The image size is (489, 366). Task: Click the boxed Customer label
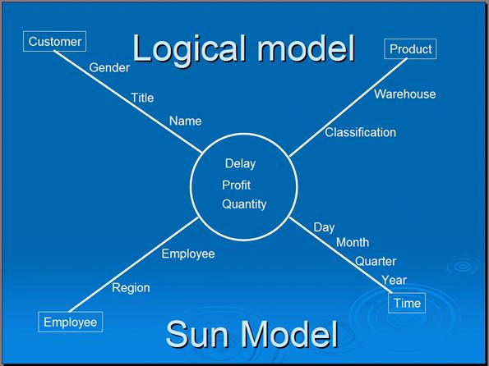coord(54,41)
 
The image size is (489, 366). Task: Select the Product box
coord(410,49)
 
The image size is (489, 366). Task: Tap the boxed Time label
coord(407,303)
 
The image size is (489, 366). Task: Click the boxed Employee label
coord(70,322)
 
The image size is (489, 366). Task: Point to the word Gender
coord(109,67)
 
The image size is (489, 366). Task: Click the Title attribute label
coord(142,98)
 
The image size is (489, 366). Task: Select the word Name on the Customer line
coord(185,121)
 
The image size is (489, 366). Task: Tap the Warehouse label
coord(405,94)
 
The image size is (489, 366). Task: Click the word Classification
coord(360,132)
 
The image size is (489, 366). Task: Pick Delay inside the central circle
coord(240,164)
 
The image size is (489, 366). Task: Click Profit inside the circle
coord(236,185)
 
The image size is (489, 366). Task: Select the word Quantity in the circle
coord(244,204)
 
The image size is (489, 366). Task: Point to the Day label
coord(324,227)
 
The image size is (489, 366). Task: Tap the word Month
coord(353,242)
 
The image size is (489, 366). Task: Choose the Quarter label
coord(376,261)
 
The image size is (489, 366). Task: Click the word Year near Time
coord(394,280)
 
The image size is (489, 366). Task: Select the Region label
coord(131,288)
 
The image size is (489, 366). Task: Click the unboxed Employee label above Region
coord(188,254)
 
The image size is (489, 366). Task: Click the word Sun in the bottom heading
coord(197,334)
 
